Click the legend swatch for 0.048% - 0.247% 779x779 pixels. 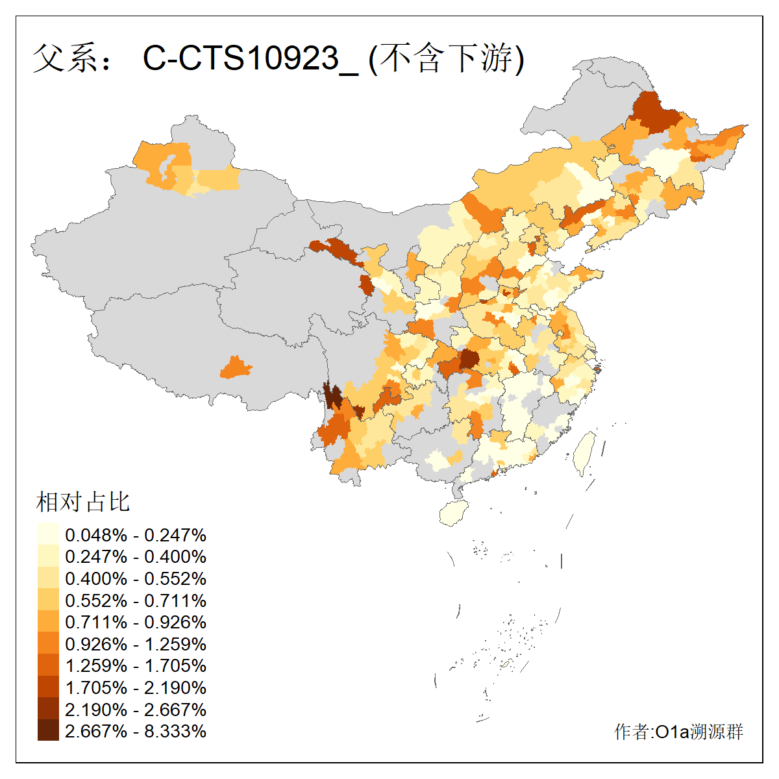pos(48,535)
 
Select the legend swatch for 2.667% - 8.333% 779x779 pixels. pos(48,731)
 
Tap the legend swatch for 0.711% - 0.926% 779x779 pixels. pos(48,622)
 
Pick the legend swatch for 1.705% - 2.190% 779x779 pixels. pos(48,687)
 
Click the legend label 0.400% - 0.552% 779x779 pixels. pos(136,578)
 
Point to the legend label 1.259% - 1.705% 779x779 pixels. pos(136,665)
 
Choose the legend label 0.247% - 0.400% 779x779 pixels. pos(136,556)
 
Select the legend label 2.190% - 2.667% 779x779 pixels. pos(136,710)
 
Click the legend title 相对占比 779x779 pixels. pos(83,502)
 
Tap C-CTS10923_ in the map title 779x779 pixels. pos(250,58)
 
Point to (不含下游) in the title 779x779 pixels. pos(447,58)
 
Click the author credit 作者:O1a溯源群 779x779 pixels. pos(678,732)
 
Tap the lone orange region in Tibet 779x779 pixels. pos(236,367)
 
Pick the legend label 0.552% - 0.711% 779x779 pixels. pos(136,600)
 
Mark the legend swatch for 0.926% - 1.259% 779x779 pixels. pos(48,644)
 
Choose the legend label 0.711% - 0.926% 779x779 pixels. pos(136,622)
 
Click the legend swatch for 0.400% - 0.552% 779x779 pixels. pos(48,578)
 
